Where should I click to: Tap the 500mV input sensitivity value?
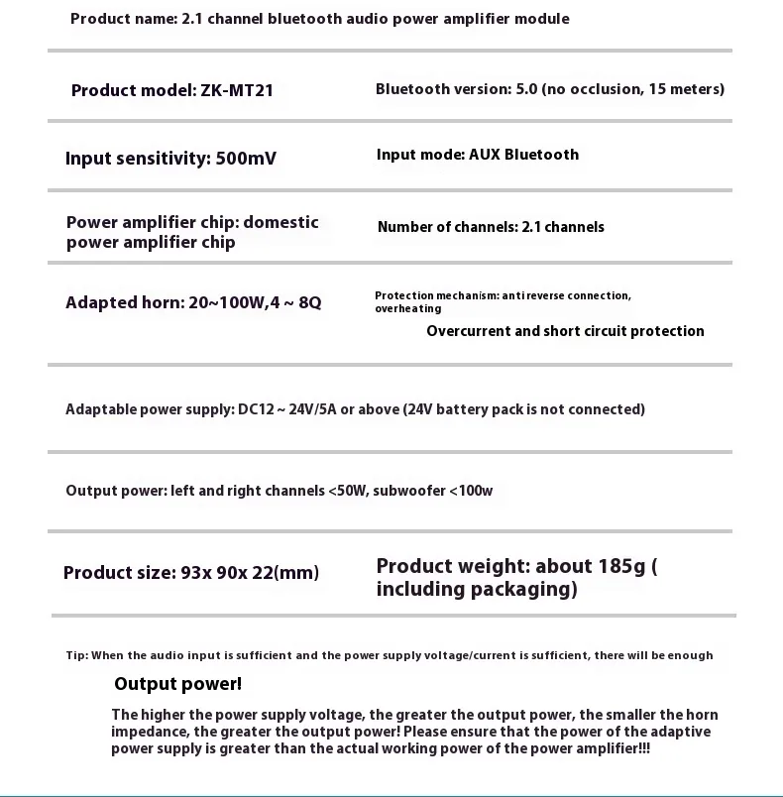(x=246, y=159)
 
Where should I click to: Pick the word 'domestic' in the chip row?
(x=280, y=222)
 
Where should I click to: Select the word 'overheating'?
(x=407, y=308)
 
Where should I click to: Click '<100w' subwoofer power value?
(x=471, y=491)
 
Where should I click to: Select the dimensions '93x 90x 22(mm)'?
(x=250, y=573)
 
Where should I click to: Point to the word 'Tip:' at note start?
(x=77, y=655)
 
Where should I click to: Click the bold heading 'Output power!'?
(x=177, y=684)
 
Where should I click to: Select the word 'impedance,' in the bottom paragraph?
(x=151, y=732)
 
